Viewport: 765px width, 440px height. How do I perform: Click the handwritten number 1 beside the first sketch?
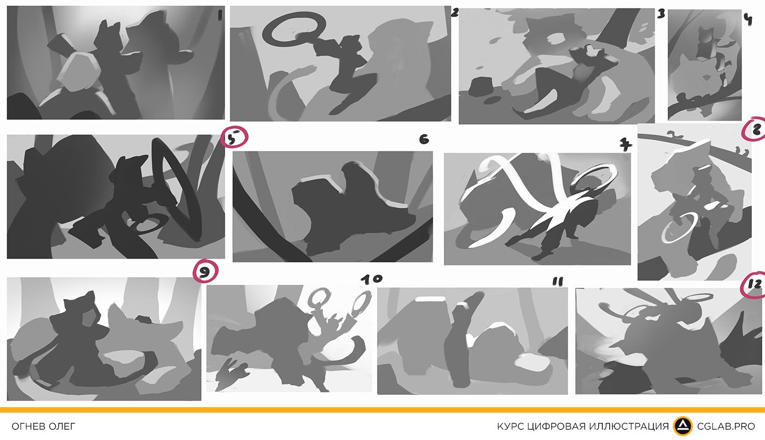pyautogui.click(x=220, y=15)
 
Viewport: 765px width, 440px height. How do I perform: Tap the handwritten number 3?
pyautogui.click(x=661, y=14)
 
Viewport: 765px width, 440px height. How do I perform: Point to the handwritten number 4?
pyautogui.click(x=748, y=20)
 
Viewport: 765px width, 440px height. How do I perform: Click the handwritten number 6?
pyautogui.click(x=424, y=139)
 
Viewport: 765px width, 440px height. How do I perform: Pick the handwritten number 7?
pyautogui.click(x=626, y=145)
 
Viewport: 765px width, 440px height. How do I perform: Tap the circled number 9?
pyautogui.click(x=205, y=271)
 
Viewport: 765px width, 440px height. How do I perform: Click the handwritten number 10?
pyautogui.click(x=372, y=279)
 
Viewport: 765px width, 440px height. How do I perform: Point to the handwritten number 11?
pyautogui.click(x=557, y=281)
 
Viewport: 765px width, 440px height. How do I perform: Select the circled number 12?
pyautogui.click(x=754, y=285)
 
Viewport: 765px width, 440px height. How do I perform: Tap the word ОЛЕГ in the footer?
pyautogui.click(x=62, y=426)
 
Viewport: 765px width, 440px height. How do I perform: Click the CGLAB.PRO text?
pyautogui.click(x=726, y=426)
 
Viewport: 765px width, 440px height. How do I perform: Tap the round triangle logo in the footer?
pyautogui.click(x=682, y=426)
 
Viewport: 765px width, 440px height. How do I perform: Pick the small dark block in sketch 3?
pyautogui.click(x=481, y=86)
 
